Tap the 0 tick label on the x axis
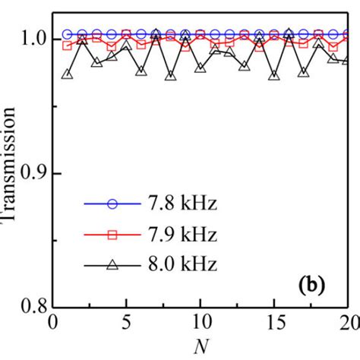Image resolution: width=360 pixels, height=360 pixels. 52,324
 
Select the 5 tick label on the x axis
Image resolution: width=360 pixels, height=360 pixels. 127,324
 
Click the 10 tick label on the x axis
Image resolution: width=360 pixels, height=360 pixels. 201,324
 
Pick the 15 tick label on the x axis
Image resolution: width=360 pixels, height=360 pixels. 275,324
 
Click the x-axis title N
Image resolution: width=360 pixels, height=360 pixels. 201,348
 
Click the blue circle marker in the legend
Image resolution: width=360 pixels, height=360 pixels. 112,204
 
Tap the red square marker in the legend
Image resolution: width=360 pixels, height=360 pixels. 112,235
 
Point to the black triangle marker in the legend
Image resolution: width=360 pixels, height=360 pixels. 112,264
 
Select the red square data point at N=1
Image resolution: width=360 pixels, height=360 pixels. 67,46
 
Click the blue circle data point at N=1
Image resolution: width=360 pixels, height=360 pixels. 67,34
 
